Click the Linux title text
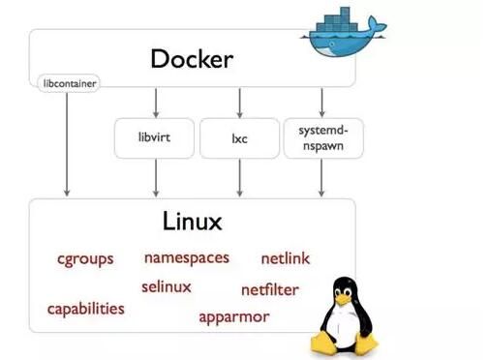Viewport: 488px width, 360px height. (x=193, y=222)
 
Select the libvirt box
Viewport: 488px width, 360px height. (x=155, y=137)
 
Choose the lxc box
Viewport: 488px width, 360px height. (x=238, y=137)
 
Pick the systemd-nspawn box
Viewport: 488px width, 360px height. (x=320, y=137)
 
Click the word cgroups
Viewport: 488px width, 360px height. (x=84, y=258)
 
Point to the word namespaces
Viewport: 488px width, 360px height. (x=187, y=257)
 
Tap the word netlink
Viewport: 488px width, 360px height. (x=286, y=258)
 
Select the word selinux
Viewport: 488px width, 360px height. (x=167, y=286)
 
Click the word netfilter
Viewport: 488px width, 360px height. (x=270, y=289)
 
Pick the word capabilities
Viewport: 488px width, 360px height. (x=86, y=309)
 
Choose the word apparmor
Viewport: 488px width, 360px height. (x=234, y=316)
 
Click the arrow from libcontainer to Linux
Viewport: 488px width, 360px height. (x=67, y=145)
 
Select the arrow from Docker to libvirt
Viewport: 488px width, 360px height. (x=155, y=103)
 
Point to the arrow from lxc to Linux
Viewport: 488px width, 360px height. (x=238, y=178)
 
